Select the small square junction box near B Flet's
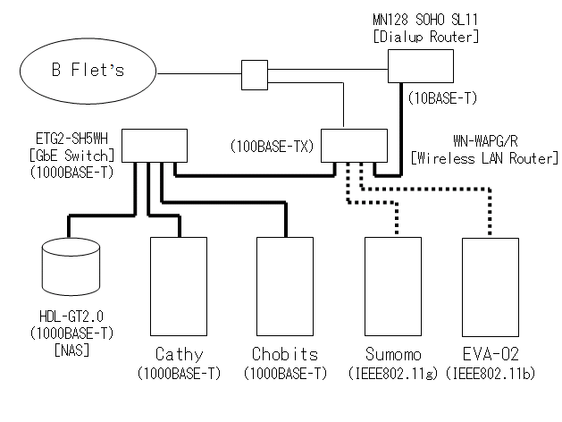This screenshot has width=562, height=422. click(255, 72)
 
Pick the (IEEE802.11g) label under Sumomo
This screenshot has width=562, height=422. click(393, 372)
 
